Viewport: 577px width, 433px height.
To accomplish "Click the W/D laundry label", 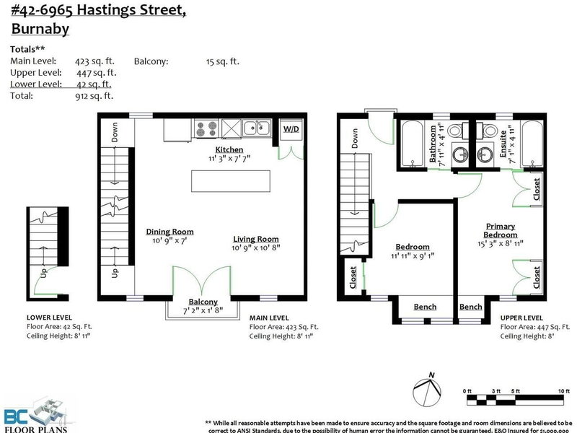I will tap(291, 131).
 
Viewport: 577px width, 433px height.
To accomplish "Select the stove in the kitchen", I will tap(204, 129).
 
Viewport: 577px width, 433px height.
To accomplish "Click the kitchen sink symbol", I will tap(257, 129).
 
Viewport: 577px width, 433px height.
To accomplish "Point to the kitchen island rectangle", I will tap(230, 180).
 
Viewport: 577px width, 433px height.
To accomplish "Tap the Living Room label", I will tap(255, 239).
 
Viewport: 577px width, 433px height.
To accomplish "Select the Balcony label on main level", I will tap(203, 302).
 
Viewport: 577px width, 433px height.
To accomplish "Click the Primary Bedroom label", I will tap(501, 230).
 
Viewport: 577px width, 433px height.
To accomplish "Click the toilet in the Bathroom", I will tap(455, 132).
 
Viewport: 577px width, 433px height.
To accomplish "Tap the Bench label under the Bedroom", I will tap(425, 307).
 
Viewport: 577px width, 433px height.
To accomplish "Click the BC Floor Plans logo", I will tap(36, 416).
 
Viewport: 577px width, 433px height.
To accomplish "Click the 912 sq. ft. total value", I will tap(94, 95).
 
